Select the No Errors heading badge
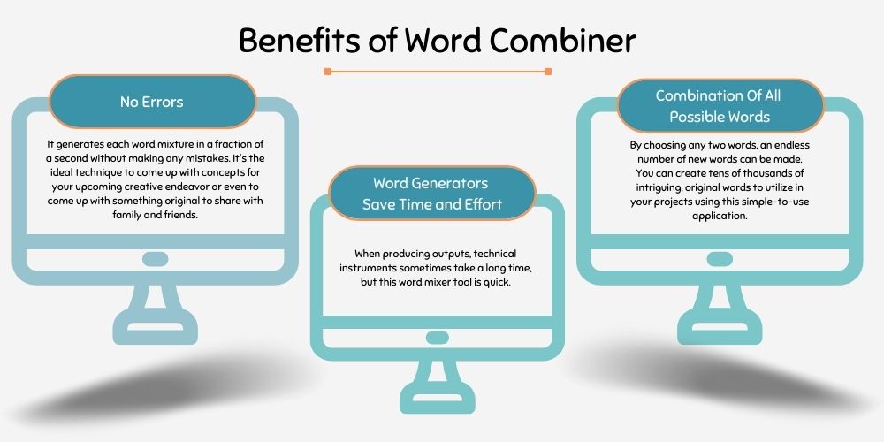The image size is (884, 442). (152, 102)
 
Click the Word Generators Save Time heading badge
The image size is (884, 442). (432, 194)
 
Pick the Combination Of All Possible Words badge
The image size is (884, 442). (720, 106)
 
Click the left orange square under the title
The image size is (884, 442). (328, 71)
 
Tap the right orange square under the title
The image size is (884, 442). (548, 71)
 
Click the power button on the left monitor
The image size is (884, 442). (155, 259)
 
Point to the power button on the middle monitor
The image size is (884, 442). (438, 338)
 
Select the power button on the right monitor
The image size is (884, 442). (720, 259)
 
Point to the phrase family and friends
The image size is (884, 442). (156, 215)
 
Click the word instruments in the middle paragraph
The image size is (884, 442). (368, 268)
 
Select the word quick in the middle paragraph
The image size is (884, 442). (498, 282)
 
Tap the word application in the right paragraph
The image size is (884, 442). (720, 216)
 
